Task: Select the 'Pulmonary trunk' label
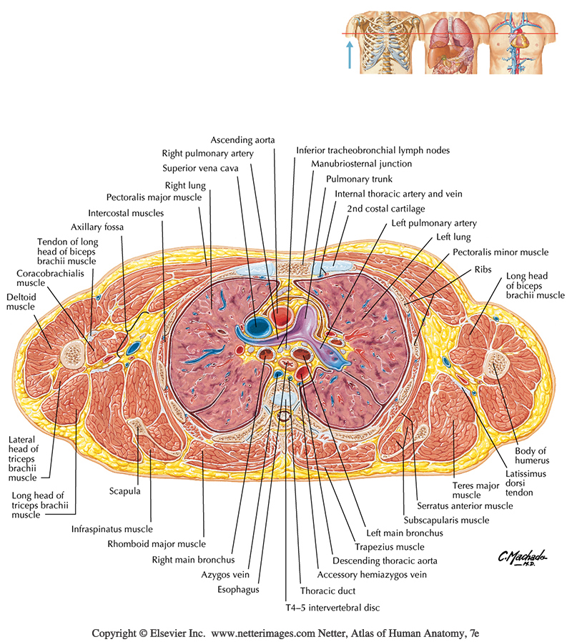point(359,179)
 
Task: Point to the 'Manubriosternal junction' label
point(351,164)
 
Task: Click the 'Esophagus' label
point(240,590)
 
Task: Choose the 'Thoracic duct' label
point(327,591)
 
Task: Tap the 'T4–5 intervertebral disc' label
point(329,607)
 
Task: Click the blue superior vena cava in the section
point(255,327)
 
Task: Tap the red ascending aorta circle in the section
point(280,314)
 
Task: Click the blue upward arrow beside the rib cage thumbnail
point(349,54)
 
